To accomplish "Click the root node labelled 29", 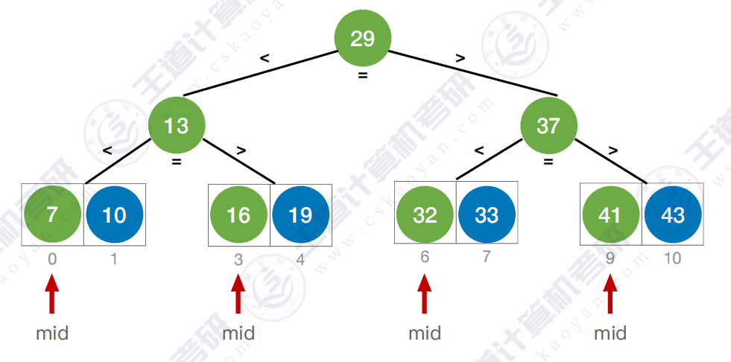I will tap(363, 38).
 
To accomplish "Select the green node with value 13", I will tap(177, 126).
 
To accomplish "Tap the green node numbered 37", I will tap(548, 126).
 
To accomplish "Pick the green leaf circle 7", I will tap(52, 215).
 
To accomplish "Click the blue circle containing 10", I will tap(114, 215).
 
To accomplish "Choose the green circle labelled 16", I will tap(238, 215).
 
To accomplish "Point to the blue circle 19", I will tap(300, 215).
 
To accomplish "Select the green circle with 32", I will tap(425, 215).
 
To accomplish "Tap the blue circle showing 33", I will tap(487, 215).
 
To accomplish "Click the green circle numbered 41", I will tap(610, 215).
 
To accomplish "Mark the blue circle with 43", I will tap(673, 215).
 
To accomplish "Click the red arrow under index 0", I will tap(52, 293).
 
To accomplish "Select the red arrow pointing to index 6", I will tap(425, 293).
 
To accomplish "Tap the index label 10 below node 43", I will tap(673, 258).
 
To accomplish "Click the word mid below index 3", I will tap(238, 333).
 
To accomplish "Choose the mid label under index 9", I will tap(610, 333).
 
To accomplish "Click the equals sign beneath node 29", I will tap(363, 75).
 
